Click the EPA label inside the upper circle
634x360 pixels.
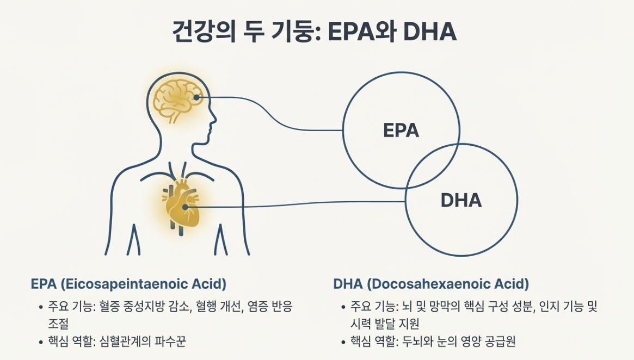pyautogui.click(x=401, y=131)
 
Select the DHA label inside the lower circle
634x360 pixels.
pyautogui.click(x=461, y=200)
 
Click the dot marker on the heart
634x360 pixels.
pyautogui.click(x=185, y=207)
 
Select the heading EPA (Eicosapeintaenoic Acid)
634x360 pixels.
pyautogui.click(x=128, y=284)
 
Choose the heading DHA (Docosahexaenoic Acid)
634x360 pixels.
pyautogui.click(x=431, y=284)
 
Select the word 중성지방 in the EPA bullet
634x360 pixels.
pyautogui.click(x=151, y=307)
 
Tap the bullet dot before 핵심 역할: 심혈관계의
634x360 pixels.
pyautogui.click(x=41, y=342)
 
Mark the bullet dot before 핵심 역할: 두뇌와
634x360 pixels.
pyautogui.click(x=343, y=342)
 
